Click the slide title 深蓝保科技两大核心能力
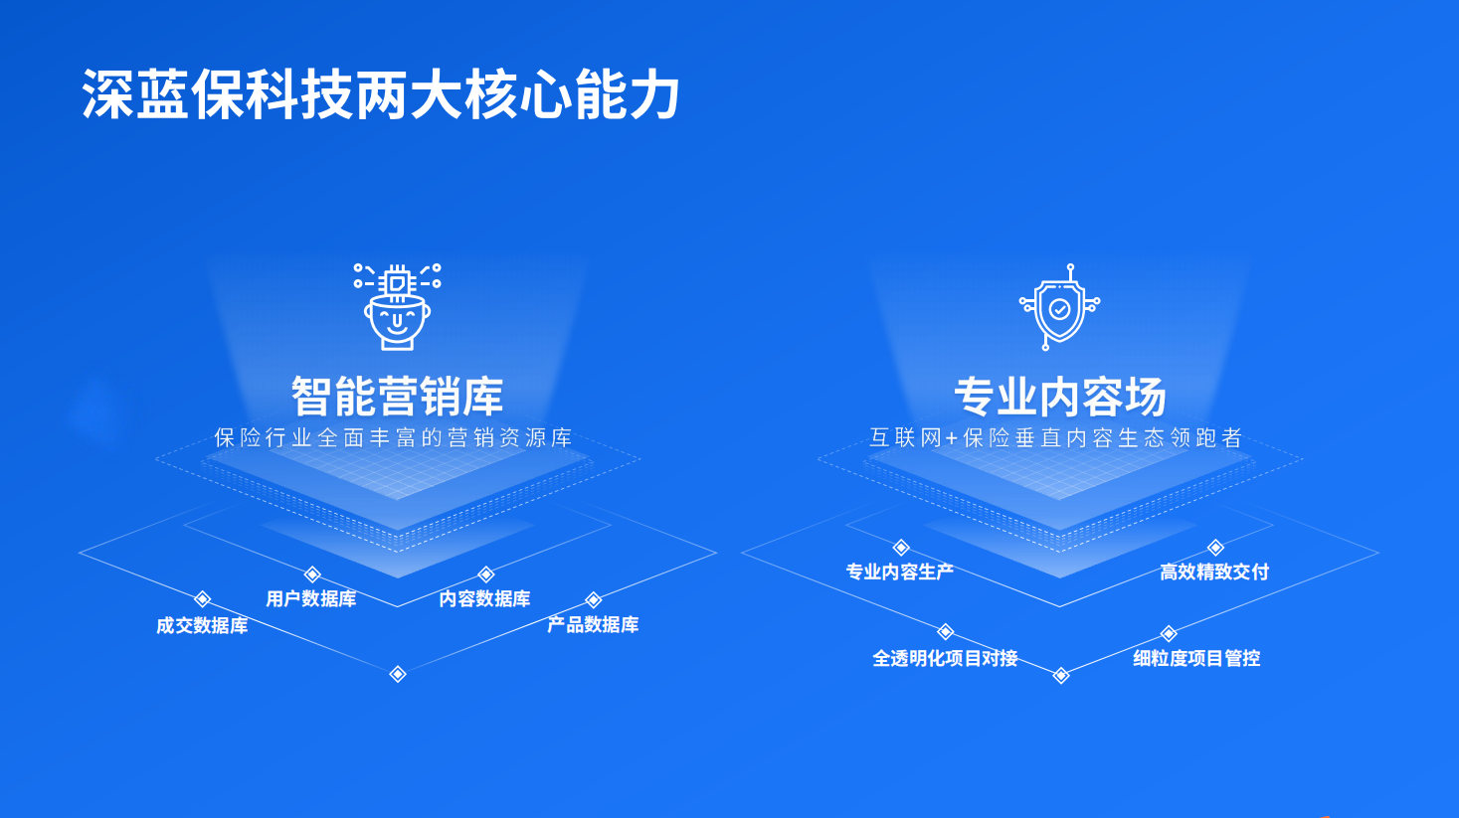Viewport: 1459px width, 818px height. tap(381, 95)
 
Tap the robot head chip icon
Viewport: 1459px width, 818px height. tap(397, 306)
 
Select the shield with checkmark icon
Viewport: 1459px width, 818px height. tap(1060, 307)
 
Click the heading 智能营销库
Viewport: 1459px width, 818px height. tap(397, 397)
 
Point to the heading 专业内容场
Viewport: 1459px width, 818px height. tap(1060, 397)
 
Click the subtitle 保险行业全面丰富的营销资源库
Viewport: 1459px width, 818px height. tap(394, 438)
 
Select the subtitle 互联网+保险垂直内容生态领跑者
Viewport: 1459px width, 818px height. tap(1056, 438)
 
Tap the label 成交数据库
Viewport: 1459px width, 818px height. tap(202, 625)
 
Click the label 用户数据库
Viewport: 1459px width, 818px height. tap(311, 598)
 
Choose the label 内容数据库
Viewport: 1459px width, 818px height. tap(484, 598)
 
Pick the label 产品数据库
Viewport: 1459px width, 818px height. tap(593, 624)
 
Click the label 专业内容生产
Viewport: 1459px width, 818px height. tap(899, 572)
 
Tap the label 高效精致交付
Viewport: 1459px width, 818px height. tap(1214, 572)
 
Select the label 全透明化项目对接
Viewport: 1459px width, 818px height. tap(945, 658)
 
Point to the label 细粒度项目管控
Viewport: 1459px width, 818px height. tap(1196, 658)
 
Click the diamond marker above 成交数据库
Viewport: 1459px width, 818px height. tap(202, 598)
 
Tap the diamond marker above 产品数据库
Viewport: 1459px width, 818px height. tap(594, 599)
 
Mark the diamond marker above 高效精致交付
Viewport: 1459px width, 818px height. tap(1215, 548)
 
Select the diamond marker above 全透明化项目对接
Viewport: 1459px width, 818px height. tap(946, 632)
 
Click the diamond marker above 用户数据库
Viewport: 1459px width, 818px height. tap(312, 574)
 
